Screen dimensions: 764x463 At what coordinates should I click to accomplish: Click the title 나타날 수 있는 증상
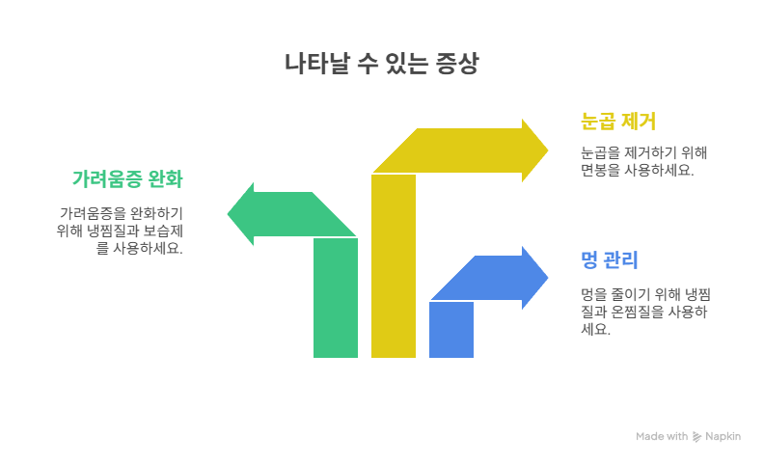(x=381, y=64)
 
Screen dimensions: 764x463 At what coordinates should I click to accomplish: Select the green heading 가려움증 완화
(x=127, y=178)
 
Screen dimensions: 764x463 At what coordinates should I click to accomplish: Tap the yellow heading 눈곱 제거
(x=618, y=122)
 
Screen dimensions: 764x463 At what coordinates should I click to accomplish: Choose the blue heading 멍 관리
(x=609, y=259)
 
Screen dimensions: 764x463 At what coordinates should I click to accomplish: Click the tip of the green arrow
(x=228, y=214)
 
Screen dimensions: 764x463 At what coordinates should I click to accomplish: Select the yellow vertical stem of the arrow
(x=394, y=266)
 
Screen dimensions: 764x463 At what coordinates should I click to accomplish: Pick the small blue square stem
(x=451, y=330)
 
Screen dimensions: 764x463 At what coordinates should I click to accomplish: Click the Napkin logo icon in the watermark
(x=696, y=437)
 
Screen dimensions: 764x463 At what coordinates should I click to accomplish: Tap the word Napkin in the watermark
(x=723, y=436)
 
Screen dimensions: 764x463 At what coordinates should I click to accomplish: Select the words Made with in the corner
(x=662, y=436)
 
